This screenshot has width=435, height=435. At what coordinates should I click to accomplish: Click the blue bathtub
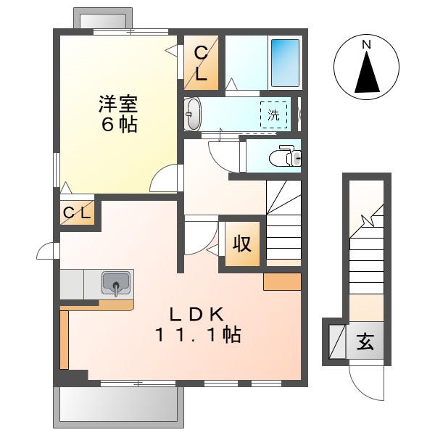[x=285, y=63]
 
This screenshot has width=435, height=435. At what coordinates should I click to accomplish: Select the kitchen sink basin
[x=116, y=283]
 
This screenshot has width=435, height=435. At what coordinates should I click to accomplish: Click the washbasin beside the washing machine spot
[x=193, y=114]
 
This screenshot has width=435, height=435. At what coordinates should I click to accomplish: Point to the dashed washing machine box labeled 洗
[x=273, y=115]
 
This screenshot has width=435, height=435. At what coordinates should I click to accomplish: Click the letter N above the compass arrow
[x=366, y=45]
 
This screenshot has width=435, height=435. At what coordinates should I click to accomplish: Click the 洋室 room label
[x=118, y=104]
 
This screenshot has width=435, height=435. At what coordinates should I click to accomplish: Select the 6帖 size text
[x=120, y=125]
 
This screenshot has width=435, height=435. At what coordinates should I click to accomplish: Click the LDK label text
[x=196, y=315]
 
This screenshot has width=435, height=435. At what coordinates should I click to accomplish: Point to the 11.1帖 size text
[x=198, y=334]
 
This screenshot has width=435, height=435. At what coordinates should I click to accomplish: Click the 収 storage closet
[x=242, y=244]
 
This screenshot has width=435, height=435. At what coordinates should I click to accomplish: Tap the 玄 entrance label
[x=365, y=341]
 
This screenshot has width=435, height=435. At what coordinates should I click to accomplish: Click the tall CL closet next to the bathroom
[x=201, y=63]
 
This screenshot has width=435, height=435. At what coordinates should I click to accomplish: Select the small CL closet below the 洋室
[x=77, y=212]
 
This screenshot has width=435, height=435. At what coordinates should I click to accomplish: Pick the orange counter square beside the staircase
[x=282, y=282]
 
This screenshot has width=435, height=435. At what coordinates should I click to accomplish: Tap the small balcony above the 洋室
[x=103, y=18]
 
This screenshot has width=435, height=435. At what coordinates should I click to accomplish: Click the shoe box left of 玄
[x=337, y=341]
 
